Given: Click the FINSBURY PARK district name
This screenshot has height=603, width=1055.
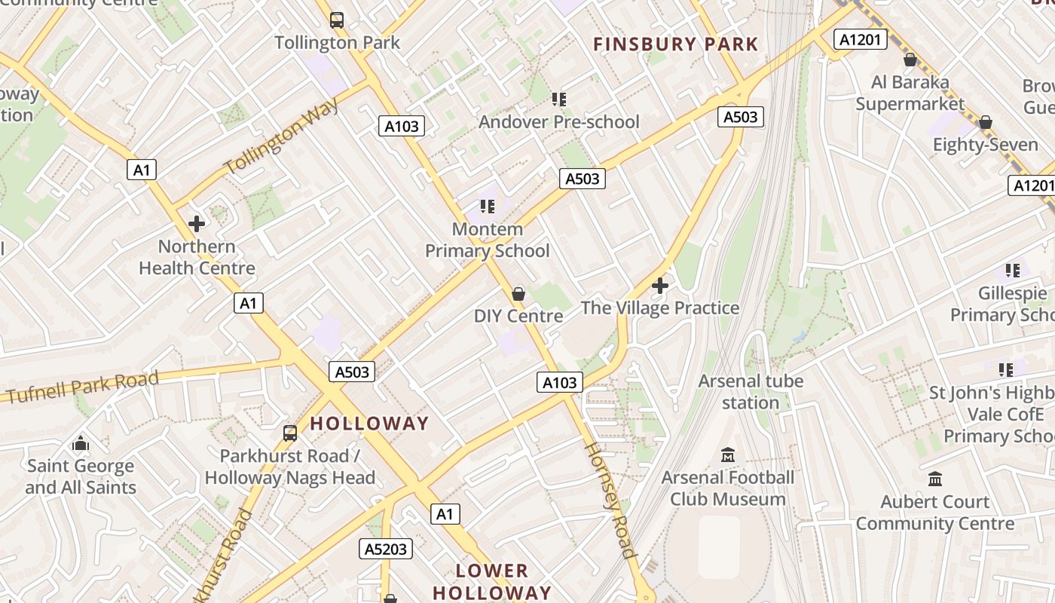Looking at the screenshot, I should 675,44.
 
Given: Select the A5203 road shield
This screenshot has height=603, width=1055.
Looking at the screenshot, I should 387,549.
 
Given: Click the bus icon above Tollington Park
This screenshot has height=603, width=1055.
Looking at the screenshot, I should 337,20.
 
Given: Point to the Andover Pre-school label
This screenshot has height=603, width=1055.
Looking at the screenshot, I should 558,121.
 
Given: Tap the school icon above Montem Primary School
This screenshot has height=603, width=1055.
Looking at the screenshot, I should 487,206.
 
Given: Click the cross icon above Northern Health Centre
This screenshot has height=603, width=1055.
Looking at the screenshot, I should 197,224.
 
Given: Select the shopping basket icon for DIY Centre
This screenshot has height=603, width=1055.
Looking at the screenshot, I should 518,293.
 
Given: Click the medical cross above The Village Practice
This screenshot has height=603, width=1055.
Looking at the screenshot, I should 660,286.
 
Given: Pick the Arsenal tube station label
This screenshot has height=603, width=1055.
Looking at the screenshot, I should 751,391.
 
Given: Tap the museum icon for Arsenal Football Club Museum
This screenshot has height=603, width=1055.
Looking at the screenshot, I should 728,455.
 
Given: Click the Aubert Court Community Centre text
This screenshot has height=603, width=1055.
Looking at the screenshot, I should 935,513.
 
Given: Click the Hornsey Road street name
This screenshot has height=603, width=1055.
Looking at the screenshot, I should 611,500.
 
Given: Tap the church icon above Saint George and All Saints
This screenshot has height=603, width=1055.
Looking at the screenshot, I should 81,443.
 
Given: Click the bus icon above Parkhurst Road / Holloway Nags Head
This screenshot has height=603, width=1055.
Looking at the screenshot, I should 290,433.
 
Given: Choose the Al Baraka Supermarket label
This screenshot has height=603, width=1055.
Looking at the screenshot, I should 910,93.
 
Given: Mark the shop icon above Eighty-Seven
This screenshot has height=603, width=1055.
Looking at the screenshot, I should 985,122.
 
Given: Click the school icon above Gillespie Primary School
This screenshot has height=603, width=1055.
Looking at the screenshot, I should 1012,270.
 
